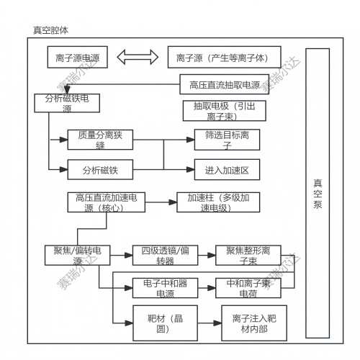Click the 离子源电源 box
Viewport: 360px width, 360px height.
(78, 55)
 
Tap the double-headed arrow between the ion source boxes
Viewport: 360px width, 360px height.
(137, 55)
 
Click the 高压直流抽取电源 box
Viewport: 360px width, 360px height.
(224, 84)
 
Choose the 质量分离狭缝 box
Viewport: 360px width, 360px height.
(100, 140)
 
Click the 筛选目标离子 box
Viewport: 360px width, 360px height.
(227, 140)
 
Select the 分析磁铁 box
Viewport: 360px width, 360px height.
(100, 170)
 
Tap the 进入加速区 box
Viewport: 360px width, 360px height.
(227, 170)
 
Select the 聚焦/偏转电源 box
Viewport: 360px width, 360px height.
(77, 255)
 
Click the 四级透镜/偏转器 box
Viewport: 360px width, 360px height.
(163, 255)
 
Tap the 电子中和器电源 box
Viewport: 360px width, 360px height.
(163, 288)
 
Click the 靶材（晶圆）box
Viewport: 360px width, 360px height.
(162, 323)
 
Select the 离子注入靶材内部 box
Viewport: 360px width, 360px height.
(251, 323)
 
